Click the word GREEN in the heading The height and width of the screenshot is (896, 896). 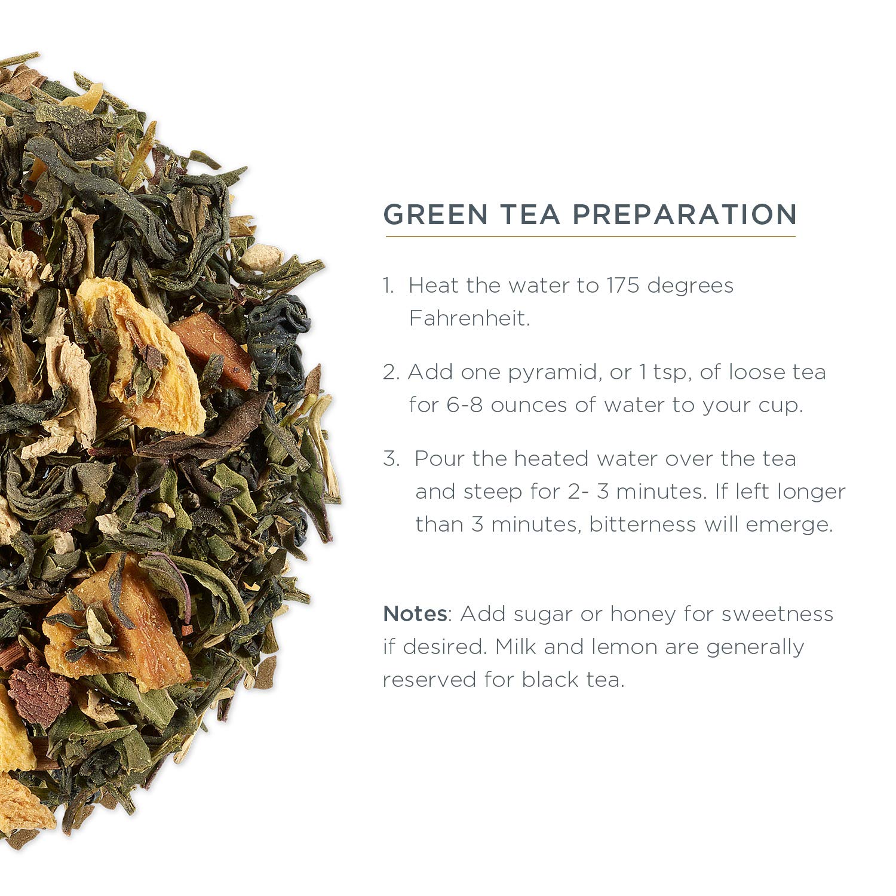(435, 214)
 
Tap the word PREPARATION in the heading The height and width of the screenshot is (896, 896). (685, 214)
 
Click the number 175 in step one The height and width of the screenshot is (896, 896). (623, 286)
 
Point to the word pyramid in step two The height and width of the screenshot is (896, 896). (553, 373)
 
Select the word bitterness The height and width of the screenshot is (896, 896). (643, 524)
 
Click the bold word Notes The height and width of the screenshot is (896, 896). (415, 613)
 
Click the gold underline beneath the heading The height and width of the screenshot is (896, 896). (590, 237)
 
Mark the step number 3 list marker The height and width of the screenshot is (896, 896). (391, 459)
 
